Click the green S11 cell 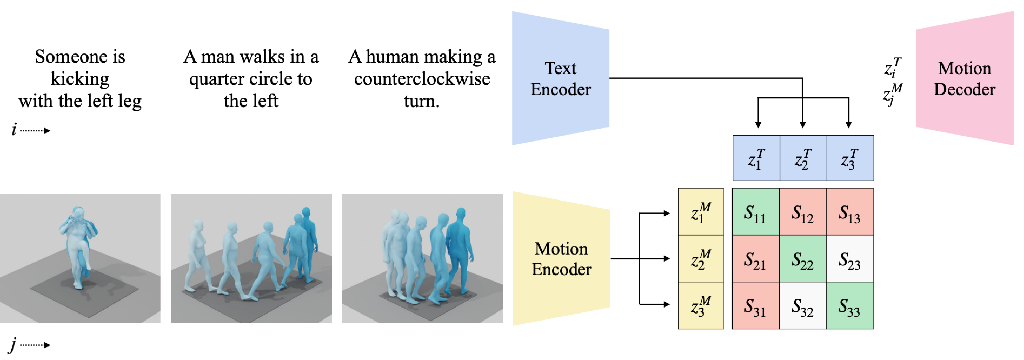click(755, 212)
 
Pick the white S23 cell click(849, 259)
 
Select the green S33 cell click(849, 306)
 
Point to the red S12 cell click(803, 212)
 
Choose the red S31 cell click(755, 306)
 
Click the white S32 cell click(803, 306)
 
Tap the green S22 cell click(803, 259)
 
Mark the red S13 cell click(849, 212)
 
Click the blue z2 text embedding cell click(803, 158)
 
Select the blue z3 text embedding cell click(850, 158)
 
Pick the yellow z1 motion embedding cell click(700, 212)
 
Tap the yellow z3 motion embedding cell click(700, 306)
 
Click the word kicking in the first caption click(80, 79)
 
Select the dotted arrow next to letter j click(35, 345)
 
